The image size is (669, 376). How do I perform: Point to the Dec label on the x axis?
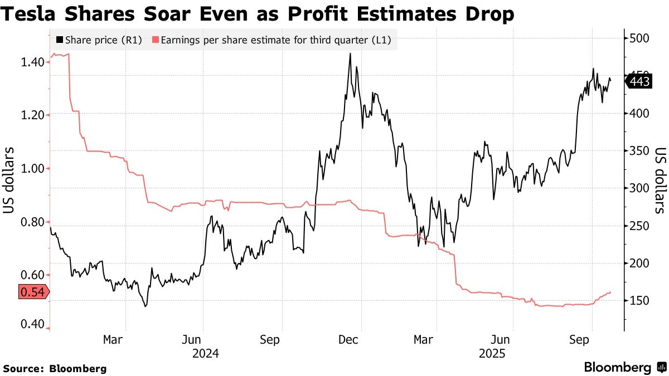(347, 339)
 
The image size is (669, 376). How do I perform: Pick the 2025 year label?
(491, 353)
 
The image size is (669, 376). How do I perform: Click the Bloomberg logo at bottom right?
(624, 367)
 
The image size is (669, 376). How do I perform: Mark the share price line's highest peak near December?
(350, 54)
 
